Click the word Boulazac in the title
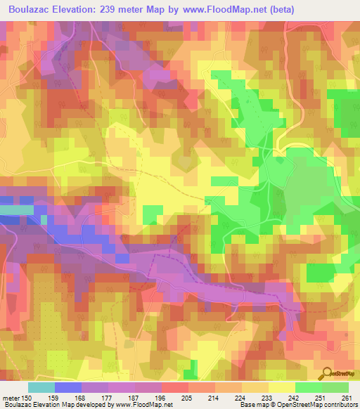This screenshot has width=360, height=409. (32, 10)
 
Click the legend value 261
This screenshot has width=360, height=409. (347, 398)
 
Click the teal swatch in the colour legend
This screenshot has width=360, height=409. (41, 387)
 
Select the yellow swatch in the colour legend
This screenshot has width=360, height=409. (282, 387)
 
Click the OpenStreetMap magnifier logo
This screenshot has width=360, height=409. (326, 374)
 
